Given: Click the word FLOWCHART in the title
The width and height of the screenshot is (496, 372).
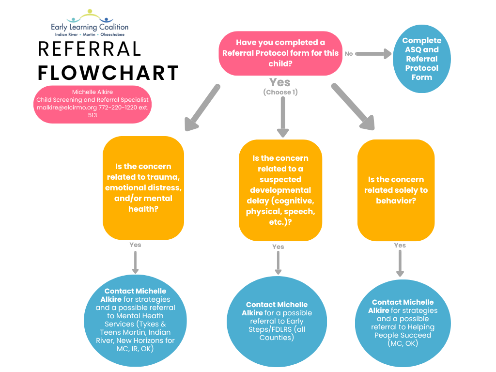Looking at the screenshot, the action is (108, 73).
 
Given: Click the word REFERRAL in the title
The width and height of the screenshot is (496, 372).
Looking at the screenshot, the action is (90, 49).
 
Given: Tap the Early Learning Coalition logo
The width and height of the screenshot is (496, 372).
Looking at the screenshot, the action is (90, 23).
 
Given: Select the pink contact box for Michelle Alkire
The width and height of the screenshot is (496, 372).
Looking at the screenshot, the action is (93, 104).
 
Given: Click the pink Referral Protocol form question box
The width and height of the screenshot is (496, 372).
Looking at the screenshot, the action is (280, 53).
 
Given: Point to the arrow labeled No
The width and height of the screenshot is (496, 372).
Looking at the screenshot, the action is (373, 53).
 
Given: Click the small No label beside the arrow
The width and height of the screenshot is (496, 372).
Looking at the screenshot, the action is (349, 54).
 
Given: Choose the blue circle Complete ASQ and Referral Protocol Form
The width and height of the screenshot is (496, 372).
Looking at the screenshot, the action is (422, 59).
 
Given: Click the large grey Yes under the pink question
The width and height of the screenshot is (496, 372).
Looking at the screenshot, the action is (280, 82).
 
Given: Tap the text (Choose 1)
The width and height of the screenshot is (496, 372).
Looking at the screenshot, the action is (280, 92).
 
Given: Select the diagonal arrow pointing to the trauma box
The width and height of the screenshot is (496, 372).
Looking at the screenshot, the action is (201, 108).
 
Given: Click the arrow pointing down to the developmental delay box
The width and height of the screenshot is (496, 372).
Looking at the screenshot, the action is (283, 117).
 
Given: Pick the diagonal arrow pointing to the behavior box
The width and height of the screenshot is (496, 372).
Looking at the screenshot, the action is (354, 107).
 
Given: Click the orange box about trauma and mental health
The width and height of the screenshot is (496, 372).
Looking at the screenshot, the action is (143, 188).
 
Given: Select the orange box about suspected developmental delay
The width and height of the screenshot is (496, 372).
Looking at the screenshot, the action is (280, 190).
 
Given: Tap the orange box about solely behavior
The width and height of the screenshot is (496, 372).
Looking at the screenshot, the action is (396, 190).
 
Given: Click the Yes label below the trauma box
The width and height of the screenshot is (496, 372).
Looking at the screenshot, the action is (136, 245).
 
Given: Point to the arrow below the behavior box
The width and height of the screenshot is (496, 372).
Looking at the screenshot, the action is (400, 263).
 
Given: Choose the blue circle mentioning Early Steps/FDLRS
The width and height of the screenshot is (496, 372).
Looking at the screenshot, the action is (277, 322).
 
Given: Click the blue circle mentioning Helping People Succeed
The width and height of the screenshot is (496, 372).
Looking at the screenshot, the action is (403, 323).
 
